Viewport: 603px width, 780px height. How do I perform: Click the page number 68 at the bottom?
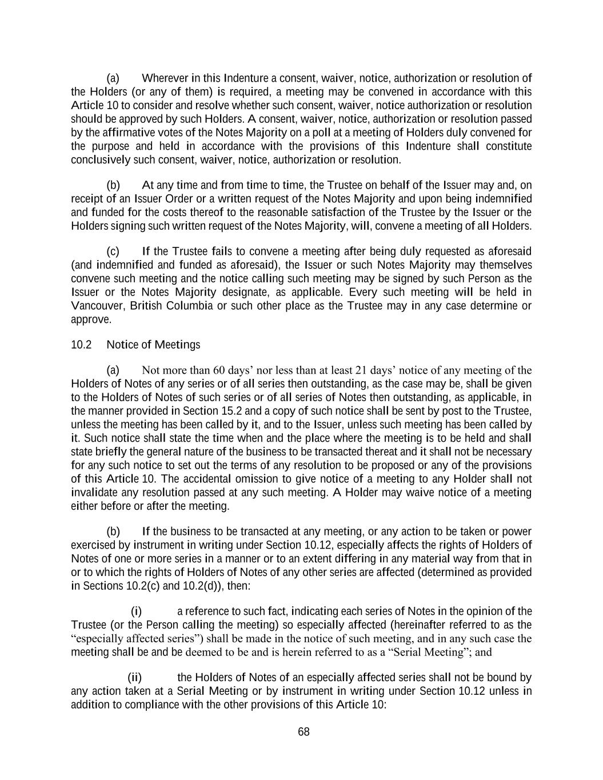[x=304, y=732]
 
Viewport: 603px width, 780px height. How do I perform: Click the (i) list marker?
[x=137, y=611]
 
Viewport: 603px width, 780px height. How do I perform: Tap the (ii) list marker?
[x=134, y=678]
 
